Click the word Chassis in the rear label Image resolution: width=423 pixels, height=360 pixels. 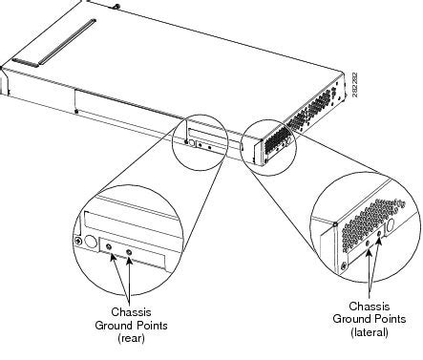pos(131,312)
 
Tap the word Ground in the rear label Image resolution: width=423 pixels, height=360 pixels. pos(114,326)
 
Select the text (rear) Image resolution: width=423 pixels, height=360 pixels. pos(131,338)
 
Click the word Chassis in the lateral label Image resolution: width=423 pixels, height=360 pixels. pos(370,307)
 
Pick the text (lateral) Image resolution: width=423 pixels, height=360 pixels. pos(370,332)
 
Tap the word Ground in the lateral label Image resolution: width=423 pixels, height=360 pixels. pos(352,319)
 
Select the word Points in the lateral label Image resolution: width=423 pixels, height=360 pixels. pos(391,319)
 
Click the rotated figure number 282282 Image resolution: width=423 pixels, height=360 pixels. pos(355,85)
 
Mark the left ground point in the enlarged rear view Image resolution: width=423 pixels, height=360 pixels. pos(109,247)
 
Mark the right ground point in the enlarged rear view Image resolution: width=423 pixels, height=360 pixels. pos(129,252)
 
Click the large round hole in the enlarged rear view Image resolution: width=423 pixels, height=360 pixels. pos(91,242)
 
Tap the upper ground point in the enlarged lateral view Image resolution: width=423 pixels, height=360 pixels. pos(379,234)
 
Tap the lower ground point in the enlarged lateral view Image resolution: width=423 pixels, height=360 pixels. pos(368,243)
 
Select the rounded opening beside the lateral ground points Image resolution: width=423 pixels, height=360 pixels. pos(390,226)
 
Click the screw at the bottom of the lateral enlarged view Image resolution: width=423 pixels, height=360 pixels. pos(344,265)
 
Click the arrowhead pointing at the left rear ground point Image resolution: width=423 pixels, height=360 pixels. pos(113,257)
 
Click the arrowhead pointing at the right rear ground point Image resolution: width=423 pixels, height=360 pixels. pos(129,261)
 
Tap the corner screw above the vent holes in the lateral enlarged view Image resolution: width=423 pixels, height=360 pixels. pos(335,224)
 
